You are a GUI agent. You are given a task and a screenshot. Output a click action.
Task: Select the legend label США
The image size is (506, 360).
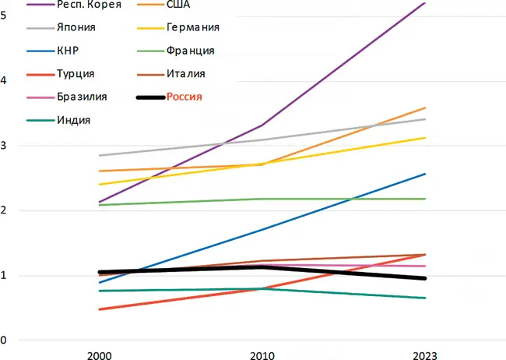[x=178, y=5]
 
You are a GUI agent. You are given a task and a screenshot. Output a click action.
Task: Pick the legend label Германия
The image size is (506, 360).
[x=192, y=27]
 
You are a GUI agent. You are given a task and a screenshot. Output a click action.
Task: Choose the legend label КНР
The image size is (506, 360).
[x=68, y=51]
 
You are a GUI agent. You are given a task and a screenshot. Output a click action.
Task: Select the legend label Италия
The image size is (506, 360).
[x=185, y=74]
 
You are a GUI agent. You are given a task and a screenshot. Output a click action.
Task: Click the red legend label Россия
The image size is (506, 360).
[x=184, y=97]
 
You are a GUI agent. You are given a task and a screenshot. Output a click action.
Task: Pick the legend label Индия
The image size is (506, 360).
[x=74, y=120]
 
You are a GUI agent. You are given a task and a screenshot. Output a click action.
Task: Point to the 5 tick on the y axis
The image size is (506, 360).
[x=5, y=15]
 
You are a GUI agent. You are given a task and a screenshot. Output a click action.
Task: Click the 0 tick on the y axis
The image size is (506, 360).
[x=5, y=341]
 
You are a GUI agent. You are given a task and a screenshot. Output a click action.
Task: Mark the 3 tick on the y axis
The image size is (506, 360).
[x=5, y=145]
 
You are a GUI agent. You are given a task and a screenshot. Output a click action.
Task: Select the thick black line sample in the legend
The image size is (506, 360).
[x=148, y=97]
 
